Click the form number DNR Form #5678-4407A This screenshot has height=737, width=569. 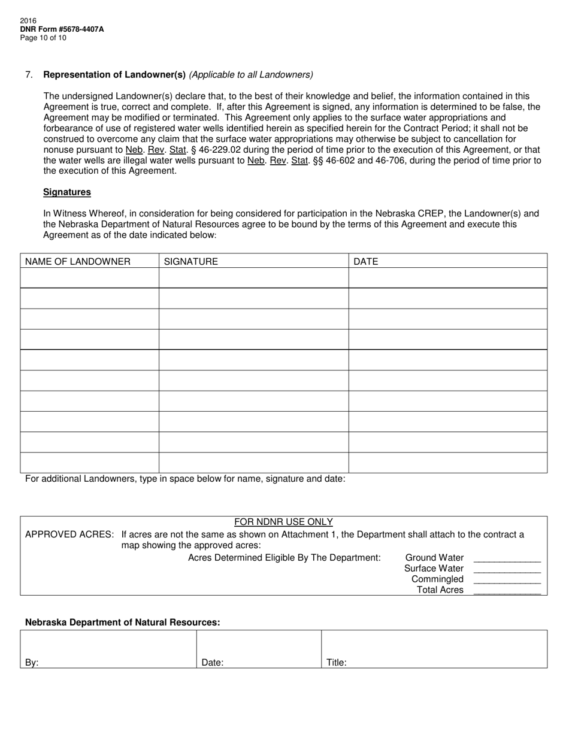62,29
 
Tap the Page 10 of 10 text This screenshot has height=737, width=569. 43,38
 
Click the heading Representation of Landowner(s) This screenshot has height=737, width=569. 114,75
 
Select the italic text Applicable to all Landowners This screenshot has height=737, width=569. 251,75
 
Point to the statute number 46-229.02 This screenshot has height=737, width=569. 221,150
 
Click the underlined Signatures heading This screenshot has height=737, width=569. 67,192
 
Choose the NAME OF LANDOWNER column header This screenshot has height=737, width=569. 78,261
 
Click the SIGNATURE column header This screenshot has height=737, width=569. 191,261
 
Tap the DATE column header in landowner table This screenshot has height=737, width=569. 366,261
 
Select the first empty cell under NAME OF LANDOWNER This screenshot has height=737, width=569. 89,278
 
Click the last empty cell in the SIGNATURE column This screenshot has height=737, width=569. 253,463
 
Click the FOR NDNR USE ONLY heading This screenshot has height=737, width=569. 283,522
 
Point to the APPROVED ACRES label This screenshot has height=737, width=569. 69,534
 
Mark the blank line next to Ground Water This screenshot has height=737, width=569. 507,558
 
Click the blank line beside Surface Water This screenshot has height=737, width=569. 507,569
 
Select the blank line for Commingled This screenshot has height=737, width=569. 507,579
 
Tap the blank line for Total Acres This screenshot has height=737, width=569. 507,590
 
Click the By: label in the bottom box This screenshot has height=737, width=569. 32,663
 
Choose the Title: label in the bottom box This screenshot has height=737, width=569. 337,663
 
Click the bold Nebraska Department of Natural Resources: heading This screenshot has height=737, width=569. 123,623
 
